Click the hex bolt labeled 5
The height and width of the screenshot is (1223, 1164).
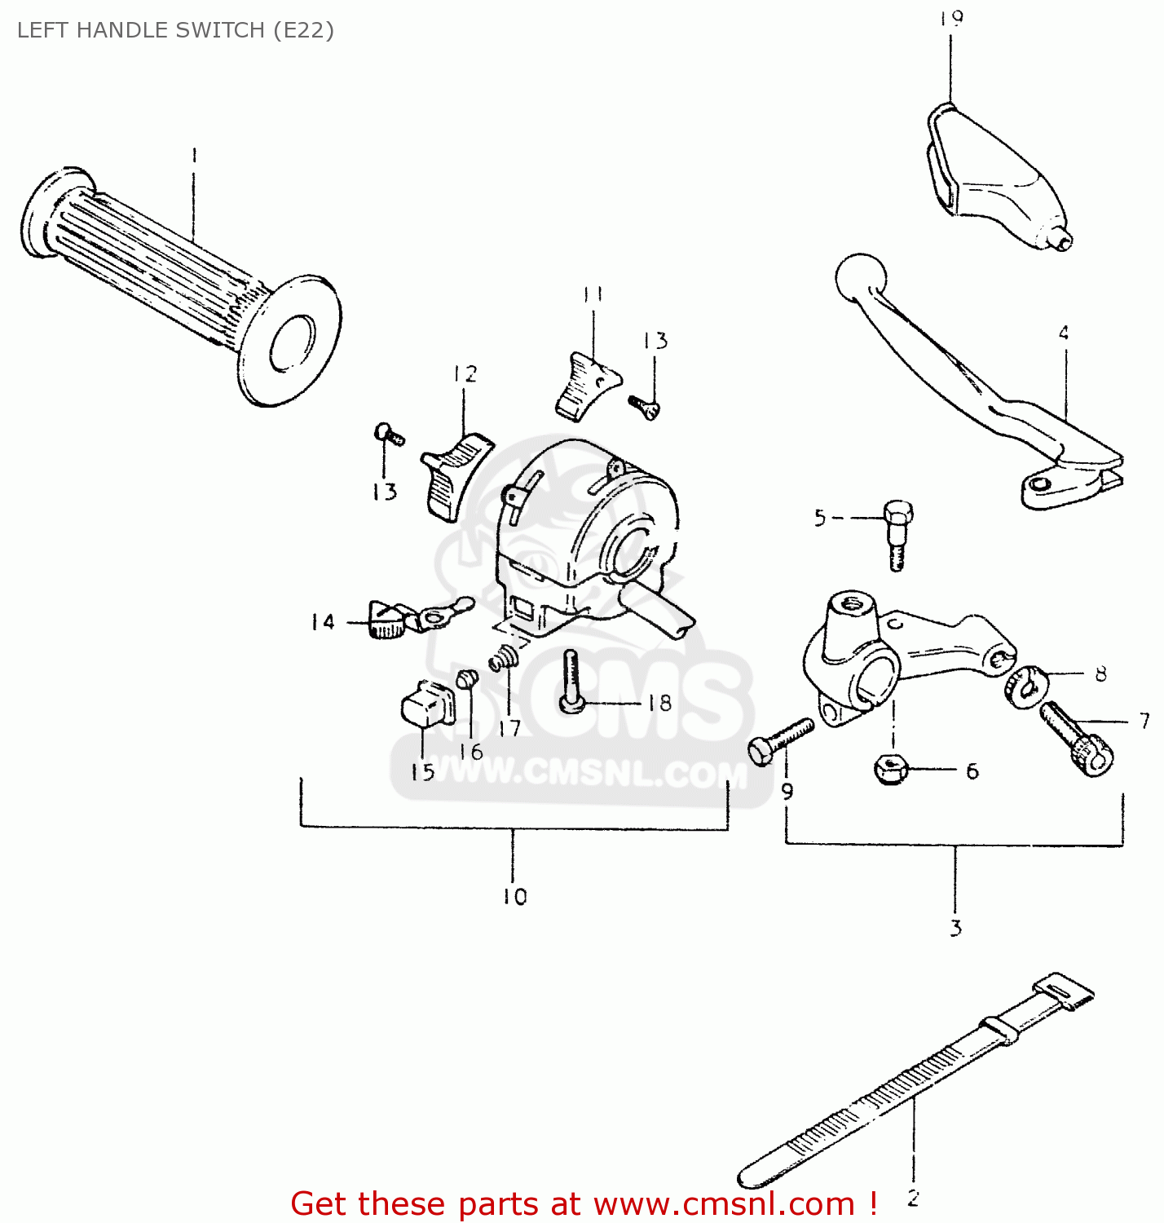coord(896,534)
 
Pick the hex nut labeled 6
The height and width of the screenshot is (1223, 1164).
coord(890,768)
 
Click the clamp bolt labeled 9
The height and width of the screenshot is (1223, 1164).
coord(779,740)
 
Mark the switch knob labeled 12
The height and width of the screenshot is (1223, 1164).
coord(455,477)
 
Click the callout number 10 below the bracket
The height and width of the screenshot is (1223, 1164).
coord(514,897)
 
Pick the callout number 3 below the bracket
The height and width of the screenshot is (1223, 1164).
coord(955,928)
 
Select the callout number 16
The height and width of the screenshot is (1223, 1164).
coord(471,751)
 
